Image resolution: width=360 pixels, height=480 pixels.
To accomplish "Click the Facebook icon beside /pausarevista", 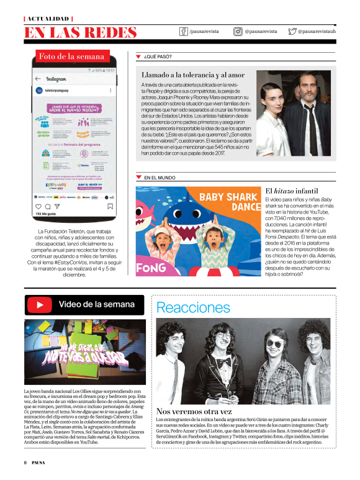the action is [x=184, y=31].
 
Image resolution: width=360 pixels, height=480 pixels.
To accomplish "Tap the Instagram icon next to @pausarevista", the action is [x=238, y=31].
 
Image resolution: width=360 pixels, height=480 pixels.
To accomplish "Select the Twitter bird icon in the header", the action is [x=292, y=31].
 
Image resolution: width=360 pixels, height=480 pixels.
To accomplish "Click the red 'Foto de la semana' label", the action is [x=71, y=56].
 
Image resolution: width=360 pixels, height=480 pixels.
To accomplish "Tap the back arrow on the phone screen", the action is [x=38, y=79].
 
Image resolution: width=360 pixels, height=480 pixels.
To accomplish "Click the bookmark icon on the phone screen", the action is [x=109, y=206].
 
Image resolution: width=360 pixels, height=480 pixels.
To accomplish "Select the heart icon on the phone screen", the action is [x=38, y=206].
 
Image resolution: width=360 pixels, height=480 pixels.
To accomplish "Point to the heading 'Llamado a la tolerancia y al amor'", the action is [x=193, y=75].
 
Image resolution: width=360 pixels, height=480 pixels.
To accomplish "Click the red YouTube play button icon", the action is [x=40, y=305].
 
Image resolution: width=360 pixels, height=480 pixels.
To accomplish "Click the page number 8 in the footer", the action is [x=25, y=463].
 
